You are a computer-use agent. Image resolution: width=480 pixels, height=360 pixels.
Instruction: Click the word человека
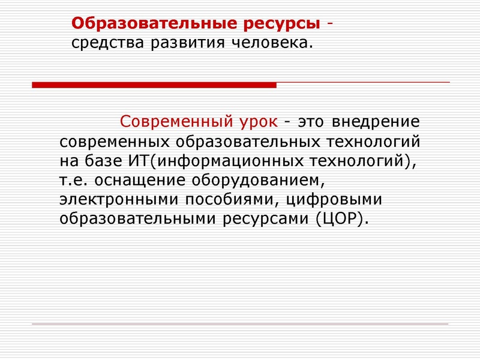click(x=268, y=44)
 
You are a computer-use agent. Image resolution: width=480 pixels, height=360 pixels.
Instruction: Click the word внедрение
click(x=374, y=122)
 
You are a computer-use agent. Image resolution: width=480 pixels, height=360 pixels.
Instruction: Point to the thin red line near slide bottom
click(x=240, y=324)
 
